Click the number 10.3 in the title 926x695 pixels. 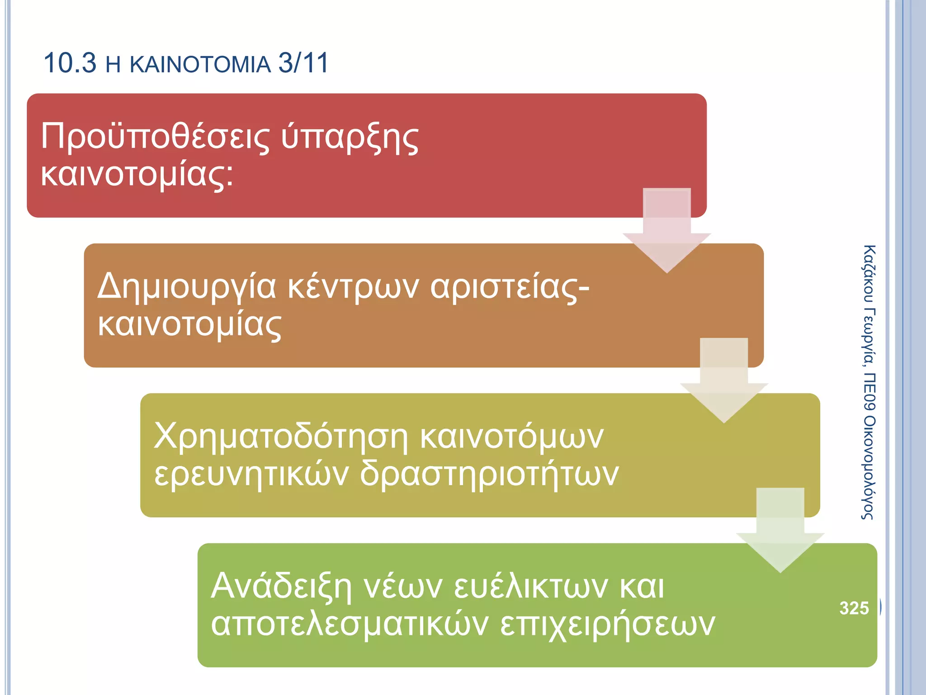tap(70, 63)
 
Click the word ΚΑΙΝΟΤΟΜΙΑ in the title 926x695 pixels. tap(200, 64)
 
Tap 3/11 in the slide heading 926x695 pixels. tap(303, 63)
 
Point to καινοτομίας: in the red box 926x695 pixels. tap(137, 175)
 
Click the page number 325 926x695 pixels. tap(854, 608)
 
